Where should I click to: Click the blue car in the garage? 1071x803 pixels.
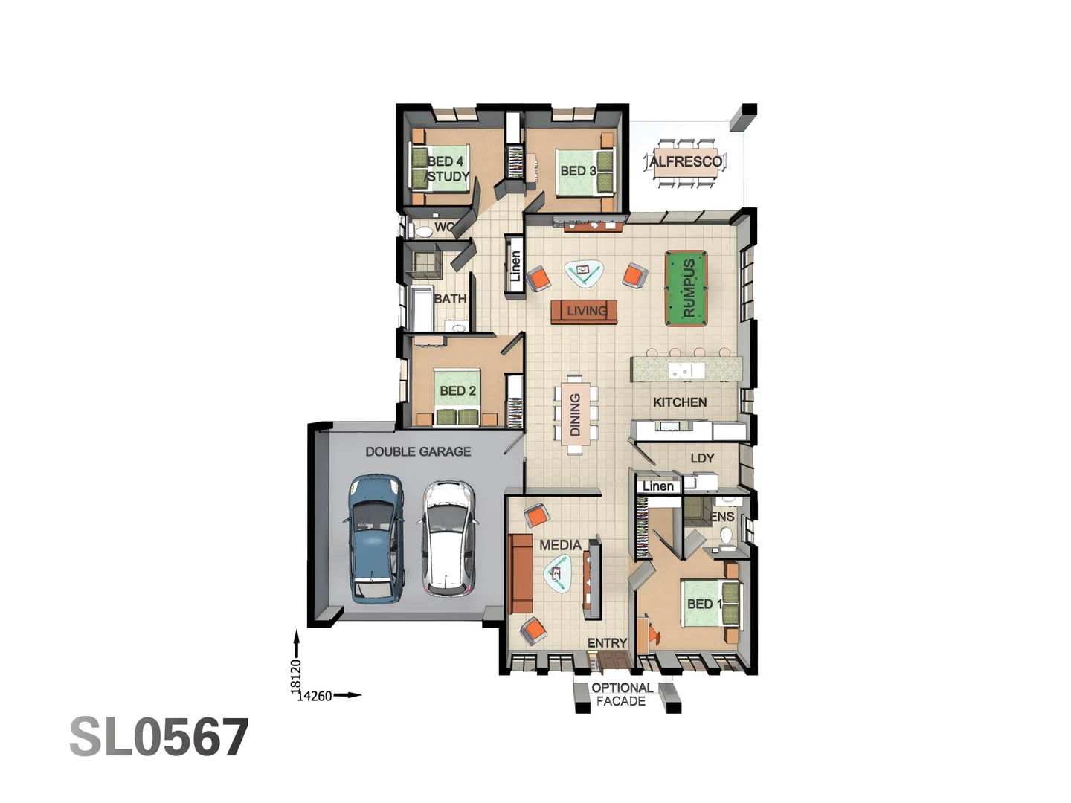tap(376, 538)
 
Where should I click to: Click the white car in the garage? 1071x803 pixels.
tap(448, 538)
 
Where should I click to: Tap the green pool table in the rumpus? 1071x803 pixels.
tap(687, 288)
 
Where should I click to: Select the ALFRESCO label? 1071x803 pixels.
tap(685, 161)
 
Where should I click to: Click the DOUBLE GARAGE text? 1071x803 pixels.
tap(418, 451)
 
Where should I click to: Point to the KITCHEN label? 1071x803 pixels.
tap(680, 402)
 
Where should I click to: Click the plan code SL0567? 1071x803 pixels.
tap(159, 738)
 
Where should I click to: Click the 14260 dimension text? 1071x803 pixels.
tap(315, 696)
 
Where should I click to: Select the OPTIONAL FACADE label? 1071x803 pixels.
tap(622, 694)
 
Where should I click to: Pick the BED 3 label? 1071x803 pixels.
tap(578, 171)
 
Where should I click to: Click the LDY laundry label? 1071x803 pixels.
tap(702, 458)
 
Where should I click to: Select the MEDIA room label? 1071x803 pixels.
tap(560, 545)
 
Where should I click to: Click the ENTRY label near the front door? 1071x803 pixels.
tap(607, 643)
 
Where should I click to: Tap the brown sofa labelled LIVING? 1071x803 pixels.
tap(585, 311)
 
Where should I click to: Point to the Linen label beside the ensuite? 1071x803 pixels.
tap(658, 486)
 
